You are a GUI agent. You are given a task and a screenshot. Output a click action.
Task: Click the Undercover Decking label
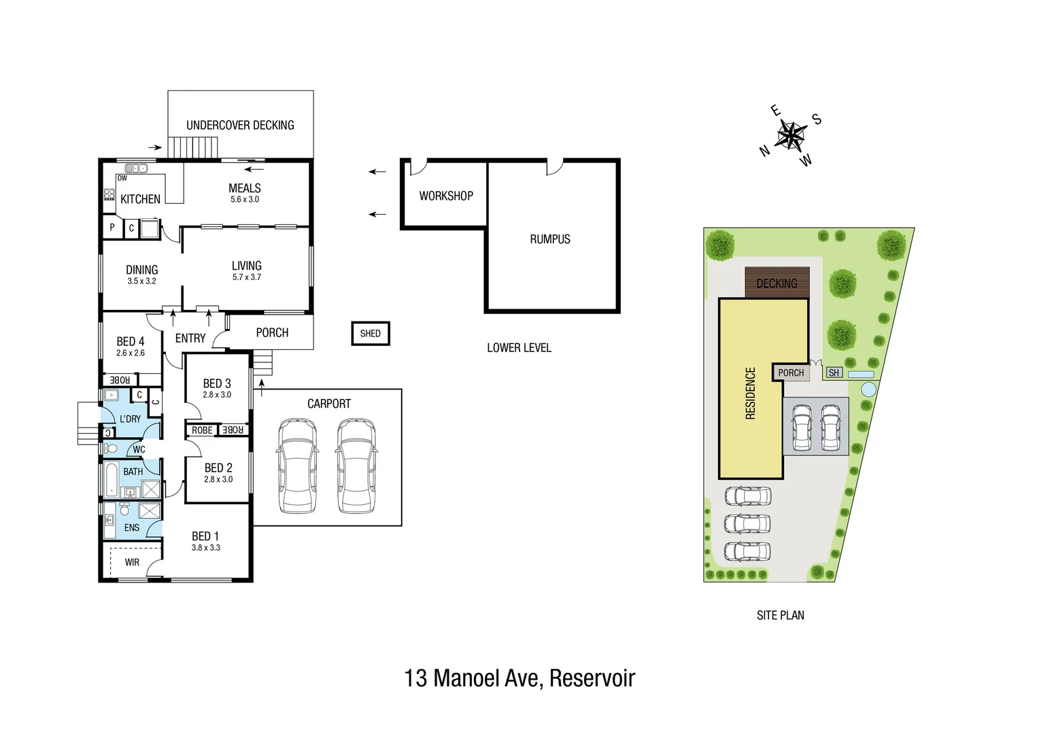click(x=240, y=125)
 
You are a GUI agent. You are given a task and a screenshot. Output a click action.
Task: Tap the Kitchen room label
click(x=140, y=199)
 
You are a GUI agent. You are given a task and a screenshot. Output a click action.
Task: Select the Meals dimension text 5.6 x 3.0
click(x=244, y=200)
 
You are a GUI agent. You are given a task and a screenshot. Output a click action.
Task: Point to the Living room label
click(x=246, y=266)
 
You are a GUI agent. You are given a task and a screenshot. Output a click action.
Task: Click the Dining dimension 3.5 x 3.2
click(x=141, y=281)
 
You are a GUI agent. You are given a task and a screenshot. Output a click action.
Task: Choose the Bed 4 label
click(x=130, y=341)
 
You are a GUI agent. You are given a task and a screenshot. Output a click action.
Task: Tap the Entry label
click(x=190, y=338)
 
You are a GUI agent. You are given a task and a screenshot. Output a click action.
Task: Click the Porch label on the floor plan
click(x=272, y=332)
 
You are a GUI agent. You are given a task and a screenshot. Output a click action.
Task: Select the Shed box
click(x=371, y=333)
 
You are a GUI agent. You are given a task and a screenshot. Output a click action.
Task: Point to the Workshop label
click(x=446, y=196)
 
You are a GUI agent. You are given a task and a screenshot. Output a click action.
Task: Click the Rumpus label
click(x=550, y=239)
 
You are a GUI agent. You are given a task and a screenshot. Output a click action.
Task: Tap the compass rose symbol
click(x=790, y=135)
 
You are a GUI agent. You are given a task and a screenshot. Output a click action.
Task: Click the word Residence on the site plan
click(x=751, y=393)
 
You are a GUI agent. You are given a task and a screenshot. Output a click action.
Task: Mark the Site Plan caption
click(x=780, y=615)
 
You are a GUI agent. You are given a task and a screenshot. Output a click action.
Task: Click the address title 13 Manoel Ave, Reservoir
click(x=519, y=678)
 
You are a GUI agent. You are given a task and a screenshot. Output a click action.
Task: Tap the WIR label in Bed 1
click(x=132, y=562)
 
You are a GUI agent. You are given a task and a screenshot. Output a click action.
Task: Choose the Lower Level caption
click(x=519, y=348)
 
